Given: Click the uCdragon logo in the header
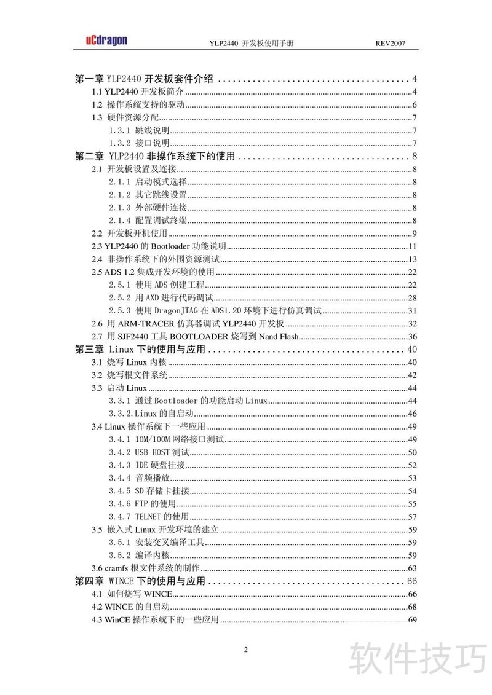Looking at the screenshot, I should pos(106,41).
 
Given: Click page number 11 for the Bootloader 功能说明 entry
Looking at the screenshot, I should pos(413,246).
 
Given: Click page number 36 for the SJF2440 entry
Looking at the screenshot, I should pos(413,336).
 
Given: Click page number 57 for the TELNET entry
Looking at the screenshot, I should pos(413,517).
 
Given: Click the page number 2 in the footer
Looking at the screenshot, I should pos(245,651).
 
